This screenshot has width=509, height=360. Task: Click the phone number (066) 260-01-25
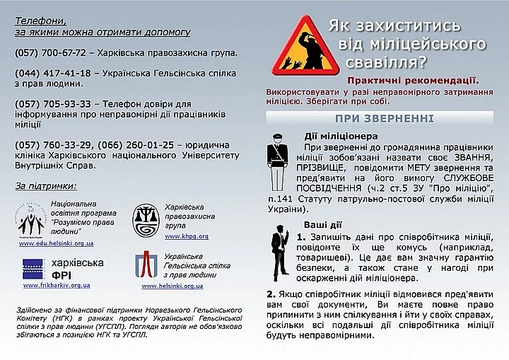(136, 145)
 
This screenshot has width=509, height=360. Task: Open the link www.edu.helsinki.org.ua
(57, 243)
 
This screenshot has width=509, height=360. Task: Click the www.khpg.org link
(187, 236)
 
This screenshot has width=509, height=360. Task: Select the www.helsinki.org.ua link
(172, 286)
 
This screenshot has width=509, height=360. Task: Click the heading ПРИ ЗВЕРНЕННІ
(385, 118)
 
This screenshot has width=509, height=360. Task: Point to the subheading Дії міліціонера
(341, 136)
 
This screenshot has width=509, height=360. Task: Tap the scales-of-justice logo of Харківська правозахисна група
(146, 219)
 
